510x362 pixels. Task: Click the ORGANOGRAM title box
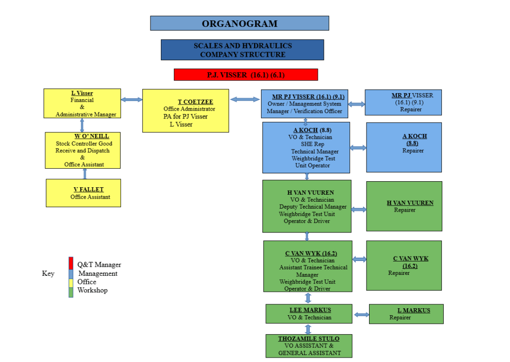[x=240, y=23]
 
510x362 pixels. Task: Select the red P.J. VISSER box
[x=246, y=75]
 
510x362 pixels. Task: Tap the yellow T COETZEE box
[x=185, y=111]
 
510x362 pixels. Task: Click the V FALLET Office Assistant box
[x=83, y=193]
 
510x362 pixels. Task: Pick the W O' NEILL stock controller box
[x=83, y=150]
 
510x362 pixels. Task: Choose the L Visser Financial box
[x=82, y=104]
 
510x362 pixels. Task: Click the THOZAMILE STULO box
[x=308, y=346]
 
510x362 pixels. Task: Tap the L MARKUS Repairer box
[x=406, y=314]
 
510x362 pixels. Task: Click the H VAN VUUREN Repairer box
[x=404, y=206]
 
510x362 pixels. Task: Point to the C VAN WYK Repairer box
[x=404, y=265]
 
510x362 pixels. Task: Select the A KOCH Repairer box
[x=404, y=147]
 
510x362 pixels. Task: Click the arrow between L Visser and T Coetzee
[x=131, y=100]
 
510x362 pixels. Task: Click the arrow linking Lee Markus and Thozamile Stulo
[x=308, y=329]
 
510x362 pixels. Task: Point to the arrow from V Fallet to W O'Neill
[x=85, y=174]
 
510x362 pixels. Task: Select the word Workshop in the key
[x=92, y=290]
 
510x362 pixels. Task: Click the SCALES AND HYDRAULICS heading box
[x=242, y=50]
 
